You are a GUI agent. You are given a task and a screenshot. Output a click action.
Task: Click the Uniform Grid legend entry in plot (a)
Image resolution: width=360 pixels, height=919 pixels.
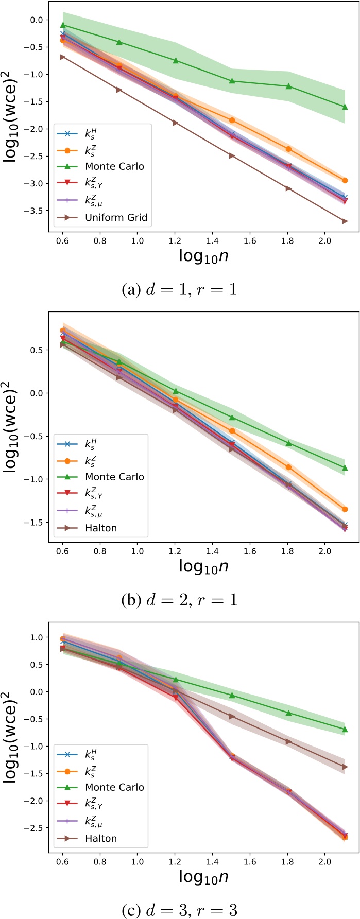coord(116,217)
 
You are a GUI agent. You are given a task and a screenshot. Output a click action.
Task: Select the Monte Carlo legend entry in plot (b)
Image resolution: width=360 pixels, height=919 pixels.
coord(114,477)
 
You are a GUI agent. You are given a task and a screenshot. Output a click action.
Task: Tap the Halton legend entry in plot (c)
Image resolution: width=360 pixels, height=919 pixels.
coord(101,838)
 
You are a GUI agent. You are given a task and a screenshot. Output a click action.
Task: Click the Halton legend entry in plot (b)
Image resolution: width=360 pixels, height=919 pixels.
coord(101,528)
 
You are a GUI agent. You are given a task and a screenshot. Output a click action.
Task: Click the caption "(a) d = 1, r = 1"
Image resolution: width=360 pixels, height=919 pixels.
coord(179,289)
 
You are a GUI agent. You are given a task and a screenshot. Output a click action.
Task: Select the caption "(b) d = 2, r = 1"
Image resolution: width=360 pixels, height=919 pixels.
coord(179,600)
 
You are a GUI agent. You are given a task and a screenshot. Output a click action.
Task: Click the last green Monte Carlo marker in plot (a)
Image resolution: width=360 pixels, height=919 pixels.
coord(345,107)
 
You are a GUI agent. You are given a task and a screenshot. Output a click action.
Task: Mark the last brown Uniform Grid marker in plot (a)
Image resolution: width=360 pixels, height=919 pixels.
coord(345,221)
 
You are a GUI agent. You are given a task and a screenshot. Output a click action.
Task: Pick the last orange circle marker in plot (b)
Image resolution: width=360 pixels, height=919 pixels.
coord(345,509)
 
